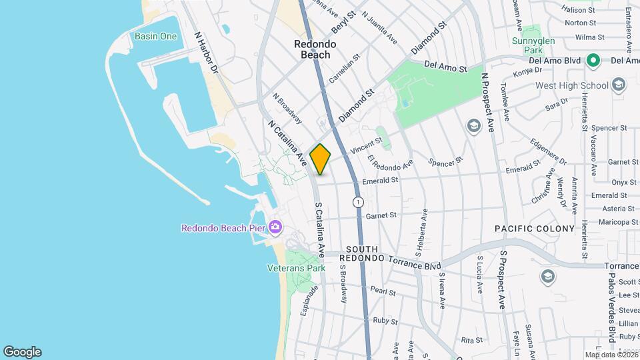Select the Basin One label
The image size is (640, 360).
coord(155,36)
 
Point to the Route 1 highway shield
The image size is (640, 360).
coord(359,201)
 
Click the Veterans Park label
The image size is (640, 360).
coord(296,268)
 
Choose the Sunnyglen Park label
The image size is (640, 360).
coord(533,45)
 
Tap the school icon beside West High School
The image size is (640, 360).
coord(619,85)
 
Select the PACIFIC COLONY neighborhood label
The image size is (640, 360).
coord(535,229)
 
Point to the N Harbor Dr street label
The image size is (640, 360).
coord(206,53)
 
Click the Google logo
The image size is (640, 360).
coord(22,351)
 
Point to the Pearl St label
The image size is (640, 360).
coord(383,291)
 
